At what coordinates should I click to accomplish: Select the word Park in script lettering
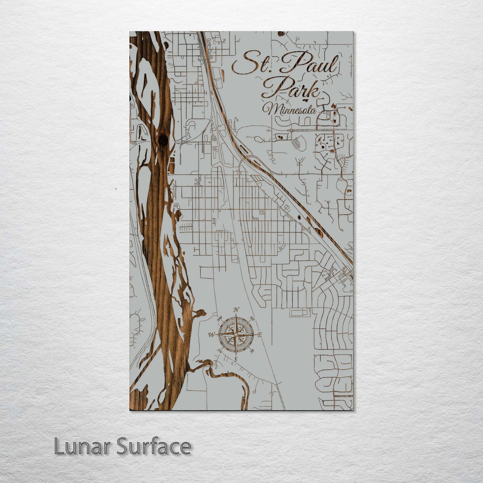click(296, 88)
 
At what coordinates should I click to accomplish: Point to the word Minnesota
click(290, 109)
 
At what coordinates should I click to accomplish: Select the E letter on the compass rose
click(260, 335)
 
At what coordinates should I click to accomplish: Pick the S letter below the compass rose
click(235, 359)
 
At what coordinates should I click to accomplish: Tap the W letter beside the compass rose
click(212, 335)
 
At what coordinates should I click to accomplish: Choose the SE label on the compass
click(252, 350)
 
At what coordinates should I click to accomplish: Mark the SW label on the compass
click(220, 351)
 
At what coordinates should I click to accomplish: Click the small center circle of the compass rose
click(236, 335)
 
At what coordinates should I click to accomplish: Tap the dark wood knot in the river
click(163, 139)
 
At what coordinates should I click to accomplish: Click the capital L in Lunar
click(59, 447)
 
